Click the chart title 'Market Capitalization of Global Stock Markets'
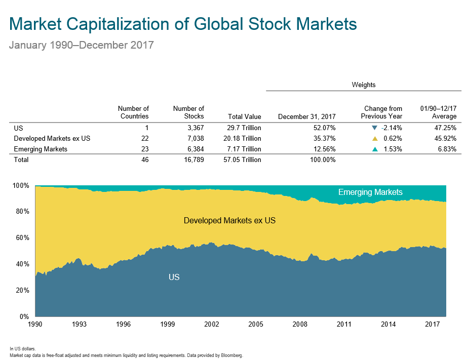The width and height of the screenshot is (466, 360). (x=183, y=24)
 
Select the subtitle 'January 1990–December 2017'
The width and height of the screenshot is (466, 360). (x=81, y=45)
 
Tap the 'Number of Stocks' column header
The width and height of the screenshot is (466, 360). (x=188, y=112)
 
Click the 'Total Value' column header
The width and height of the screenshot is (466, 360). (x=245, y=117)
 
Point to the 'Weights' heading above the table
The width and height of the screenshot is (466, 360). (x=364, y=85)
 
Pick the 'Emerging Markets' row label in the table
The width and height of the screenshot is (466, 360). (x=41, y=149)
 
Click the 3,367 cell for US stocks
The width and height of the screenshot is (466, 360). (x=195, y=128)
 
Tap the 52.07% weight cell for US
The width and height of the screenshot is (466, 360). (x=324, y=128)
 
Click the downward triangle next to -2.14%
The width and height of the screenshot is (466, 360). (x=374, y=128)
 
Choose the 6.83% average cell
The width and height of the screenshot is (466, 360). (x=446, y=149)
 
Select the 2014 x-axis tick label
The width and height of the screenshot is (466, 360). (x=388, y=325)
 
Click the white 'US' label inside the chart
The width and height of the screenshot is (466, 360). (x=174, y=277)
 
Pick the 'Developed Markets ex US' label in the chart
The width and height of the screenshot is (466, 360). (x=229, y=221)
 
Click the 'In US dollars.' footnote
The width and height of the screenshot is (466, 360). (x=22, y=349)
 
